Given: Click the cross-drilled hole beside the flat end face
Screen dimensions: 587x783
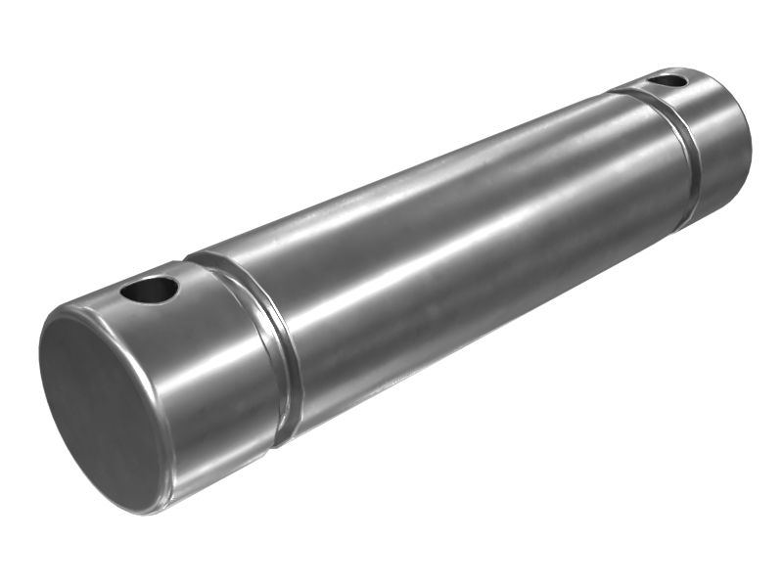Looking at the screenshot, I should point(150,290).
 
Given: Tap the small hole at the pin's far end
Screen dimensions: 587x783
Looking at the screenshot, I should point(668,81).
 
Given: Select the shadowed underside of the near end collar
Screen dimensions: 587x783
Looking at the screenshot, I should point(225,460).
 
